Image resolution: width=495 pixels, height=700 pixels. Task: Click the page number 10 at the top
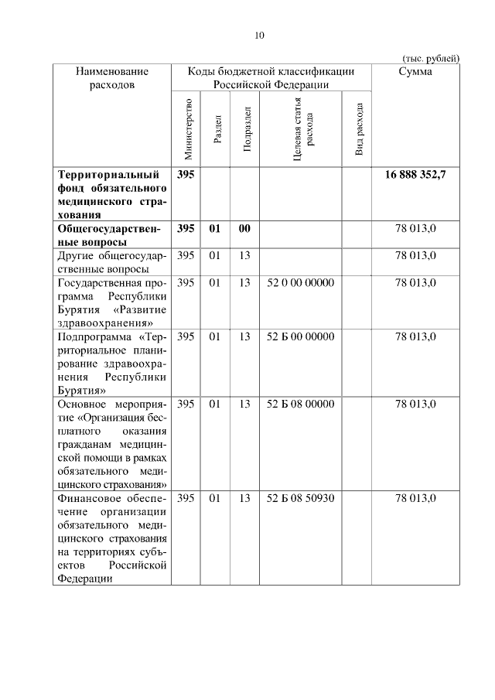[259, 35]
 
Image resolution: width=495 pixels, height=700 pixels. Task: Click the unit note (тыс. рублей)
[431, 58]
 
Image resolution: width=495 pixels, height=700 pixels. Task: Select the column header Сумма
[415, 71]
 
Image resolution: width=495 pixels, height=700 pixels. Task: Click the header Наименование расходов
[112, 77]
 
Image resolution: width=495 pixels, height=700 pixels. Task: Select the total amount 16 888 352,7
[415, 176]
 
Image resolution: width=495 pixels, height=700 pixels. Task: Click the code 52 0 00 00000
[300, 283]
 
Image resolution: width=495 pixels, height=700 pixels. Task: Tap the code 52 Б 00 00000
[300, 336]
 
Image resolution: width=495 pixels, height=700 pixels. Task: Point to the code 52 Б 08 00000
[300, 404]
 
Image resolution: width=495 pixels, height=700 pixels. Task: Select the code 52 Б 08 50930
[300, 498]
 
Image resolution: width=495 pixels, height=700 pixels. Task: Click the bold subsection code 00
[244, 229]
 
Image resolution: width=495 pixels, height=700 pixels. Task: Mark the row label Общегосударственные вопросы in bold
[112, 235]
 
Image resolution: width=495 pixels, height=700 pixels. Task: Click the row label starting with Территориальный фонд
[112, 195]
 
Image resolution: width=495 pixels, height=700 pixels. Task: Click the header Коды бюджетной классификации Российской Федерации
[271, 77]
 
